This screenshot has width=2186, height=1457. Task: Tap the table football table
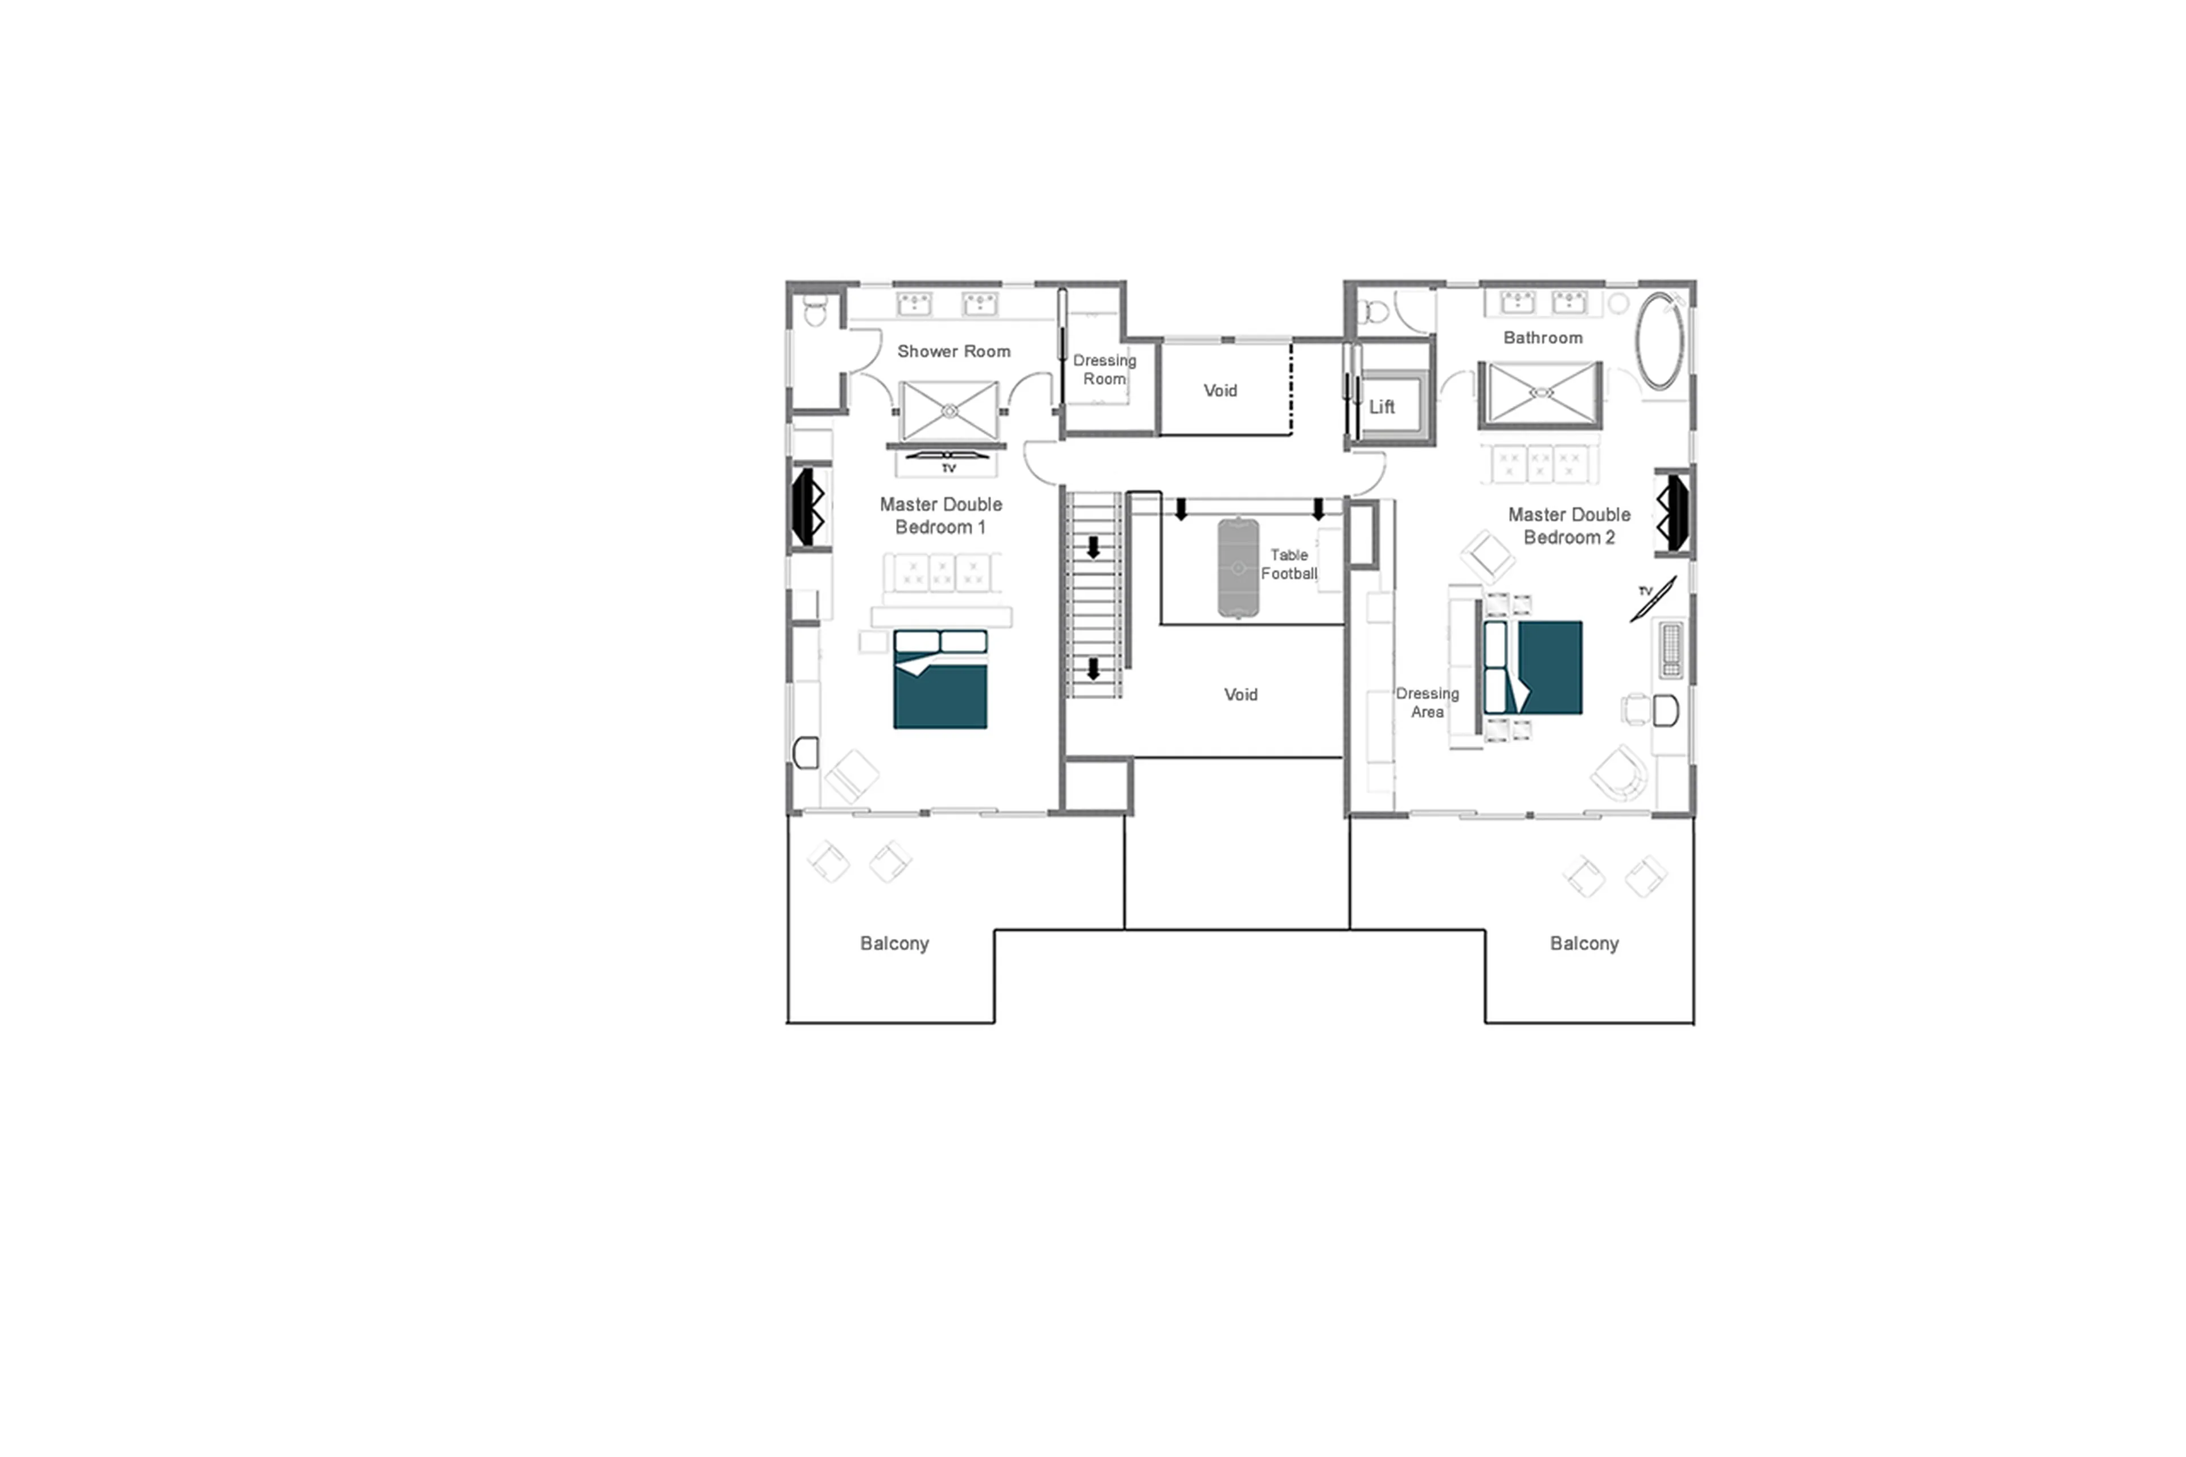pos(1238,568)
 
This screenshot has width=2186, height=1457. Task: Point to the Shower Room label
pos(953,351)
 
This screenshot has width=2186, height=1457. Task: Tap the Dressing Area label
pos(1427,703)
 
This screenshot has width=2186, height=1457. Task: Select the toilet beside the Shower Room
pos(815,311)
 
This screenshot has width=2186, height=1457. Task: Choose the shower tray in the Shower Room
pos(948,410)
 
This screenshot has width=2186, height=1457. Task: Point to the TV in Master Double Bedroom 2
pos(1654,600)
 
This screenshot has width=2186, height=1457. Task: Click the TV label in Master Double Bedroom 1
pos(948,469)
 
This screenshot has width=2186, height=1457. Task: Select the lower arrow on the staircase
pos(1094,669)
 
